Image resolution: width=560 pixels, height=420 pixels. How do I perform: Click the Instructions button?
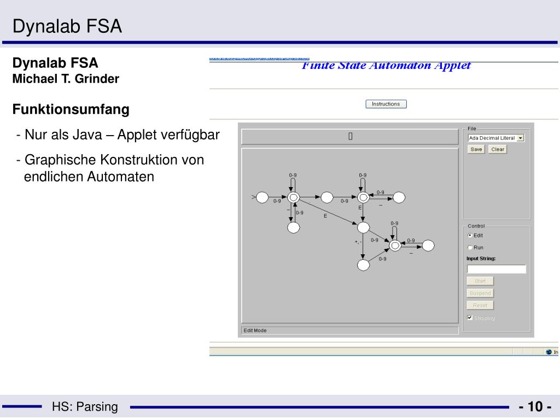point(386,104)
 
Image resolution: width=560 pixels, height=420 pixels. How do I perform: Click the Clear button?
point(498,149)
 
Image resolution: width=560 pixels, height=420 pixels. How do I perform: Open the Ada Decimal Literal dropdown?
point(520,138)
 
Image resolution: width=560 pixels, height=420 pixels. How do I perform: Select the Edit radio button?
point(470,236)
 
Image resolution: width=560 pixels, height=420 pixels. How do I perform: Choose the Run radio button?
point(470,247)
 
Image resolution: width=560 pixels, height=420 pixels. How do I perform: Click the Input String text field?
point(496,269)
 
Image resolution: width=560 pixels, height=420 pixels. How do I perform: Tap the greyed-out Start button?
point(480,281)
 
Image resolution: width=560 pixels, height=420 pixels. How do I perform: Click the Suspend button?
point(480,293)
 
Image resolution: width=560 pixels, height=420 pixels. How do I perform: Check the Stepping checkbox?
point(470,317)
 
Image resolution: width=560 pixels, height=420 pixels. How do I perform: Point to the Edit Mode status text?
point(255,330)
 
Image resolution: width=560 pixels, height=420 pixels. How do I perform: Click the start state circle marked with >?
point(261,197)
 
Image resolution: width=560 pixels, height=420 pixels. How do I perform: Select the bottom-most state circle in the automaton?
point(363,265)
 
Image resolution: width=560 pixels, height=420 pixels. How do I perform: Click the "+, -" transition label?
point(358,241)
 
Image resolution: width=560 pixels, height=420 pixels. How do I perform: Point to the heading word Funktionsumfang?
point(71,109)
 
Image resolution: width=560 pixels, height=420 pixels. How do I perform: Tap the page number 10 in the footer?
point(535,407)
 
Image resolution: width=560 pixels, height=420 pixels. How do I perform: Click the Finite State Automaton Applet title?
point(386,66)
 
